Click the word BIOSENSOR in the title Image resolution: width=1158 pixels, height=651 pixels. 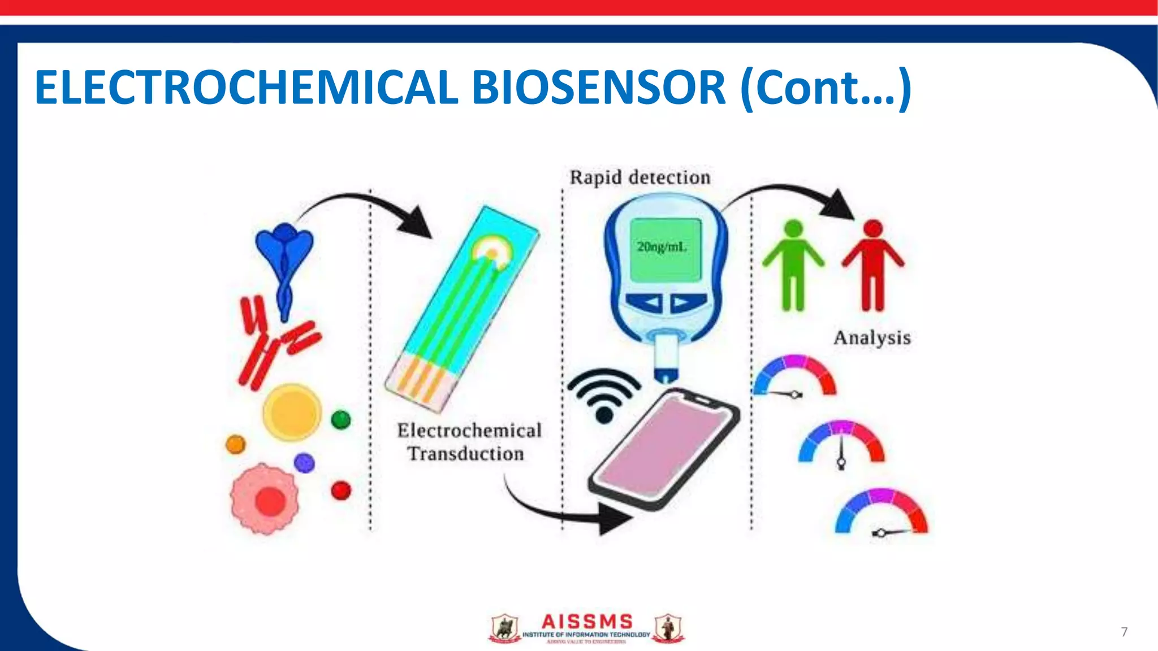(x=598, y=88)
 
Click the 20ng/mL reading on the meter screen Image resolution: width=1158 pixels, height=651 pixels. (x=662, y=247)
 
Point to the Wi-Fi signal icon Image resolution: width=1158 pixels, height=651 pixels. (x=604, y=394)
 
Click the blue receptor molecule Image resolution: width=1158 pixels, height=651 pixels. (x=284, y=260)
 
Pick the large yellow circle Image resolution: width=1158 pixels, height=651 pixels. (x=292, y=412)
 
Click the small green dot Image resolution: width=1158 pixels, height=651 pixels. (x=341, y=420)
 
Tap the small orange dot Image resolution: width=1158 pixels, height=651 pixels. (x=235, y=444)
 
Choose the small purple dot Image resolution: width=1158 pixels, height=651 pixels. (x=304, y=463)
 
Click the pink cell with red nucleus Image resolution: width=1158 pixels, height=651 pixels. (x=266, y=499)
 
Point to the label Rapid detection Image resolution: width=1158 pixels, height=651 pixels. (x=640, y=177)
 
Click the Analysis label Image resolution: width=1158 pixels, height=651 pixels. (x=872, y=338)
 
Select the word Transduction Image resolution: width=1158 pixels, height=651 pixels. (x=466, y=454)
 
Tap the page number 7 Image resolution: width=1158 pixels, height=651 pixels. (x=1124, y=632)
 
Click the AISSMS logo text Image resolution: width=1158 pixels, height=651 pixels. (x=587, y=622)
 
